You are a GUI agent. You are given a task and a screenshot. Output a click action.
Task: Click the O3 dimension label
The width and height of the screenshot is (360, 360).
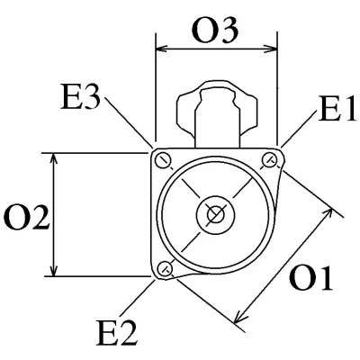click(x=215, y=30)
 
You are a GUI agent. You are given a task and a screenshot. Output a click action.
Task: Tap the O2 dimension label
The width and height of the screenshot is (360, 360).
click(x=26, y=218)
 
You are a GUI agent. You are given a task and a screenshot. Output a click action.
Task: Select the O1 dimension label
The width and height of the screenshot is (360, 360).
click(x=310, y=278)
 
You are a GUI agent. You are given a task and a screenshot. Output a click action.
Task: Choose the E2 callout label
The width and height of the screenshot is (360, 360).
click(x=117, y=333)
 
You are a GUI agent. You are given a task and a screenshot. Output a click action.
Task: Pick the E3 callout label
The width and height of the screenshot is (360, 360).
click(x=80, y=96)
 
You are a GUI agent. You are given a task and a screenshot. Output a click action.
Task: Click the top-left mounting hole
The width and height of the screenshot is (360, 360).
click(x=164, y=161)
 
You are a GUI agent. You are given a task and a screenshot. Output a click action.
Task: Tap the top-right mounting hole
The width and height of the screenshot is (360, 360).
click(x=270, y=160)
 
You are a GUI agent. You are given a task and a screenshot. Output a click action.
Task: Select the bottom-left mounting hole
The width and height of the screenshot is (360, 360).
click(x=165, y=268)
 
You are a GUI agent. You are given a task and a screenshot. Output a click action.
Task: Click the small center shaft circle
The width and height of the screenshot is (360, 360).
click(x=215, y=214)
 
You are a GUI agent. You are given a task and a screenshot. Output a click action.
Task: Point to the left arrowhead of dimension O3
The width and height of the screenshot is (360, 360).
click(x=161, y=49)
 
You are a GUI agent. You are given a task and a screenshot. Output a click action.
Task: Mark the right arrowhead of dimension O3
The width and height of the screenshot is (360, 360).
click(x=272, y=49)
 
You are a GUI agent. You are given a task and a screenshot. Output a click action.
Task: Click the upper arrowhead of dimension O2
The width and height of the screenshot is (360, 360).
click(x=53, y=159)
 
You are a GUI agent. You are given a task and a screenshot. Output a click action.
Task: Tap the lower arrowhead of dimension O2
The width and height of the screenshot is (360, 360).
click(x=53, y=270)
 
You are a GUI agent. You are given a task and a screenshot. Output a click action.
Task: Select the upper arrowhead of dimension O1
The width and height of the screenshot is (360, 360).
click(x=328, y=213)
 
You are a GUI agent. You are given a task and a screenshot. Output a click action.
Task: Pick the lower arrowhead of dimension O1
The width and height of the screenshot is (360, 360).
click(x=239, y=318)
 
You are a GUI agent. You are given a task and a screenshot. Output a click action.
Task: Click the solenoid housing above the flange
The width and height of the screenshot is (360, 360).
click(x=217, y=114)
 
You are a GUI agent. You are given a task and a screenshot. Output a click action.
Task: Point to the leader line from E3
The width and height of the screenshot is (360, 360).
click(x=130, y=121)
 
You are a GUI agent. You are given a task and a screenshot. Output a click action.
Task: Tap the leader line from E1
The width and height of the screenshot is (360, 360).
click(x=299, y=129)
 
